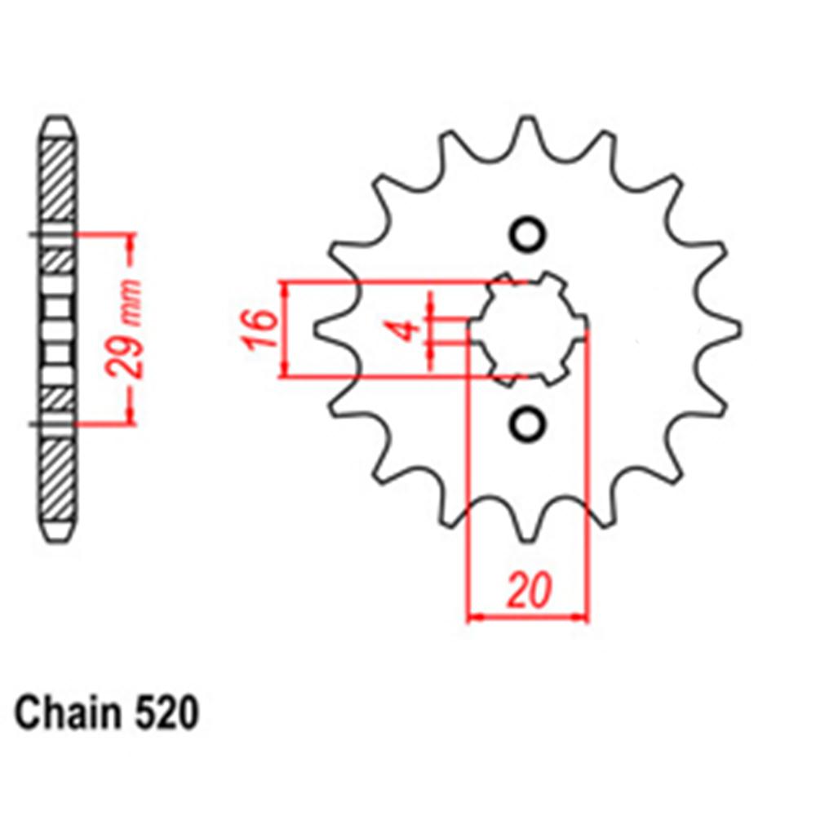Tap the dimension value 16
[259, 329]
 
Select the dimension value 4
[410, 330]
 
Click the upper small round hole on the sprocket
[526, 234]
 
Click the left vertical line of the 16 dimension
[284, 329]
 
